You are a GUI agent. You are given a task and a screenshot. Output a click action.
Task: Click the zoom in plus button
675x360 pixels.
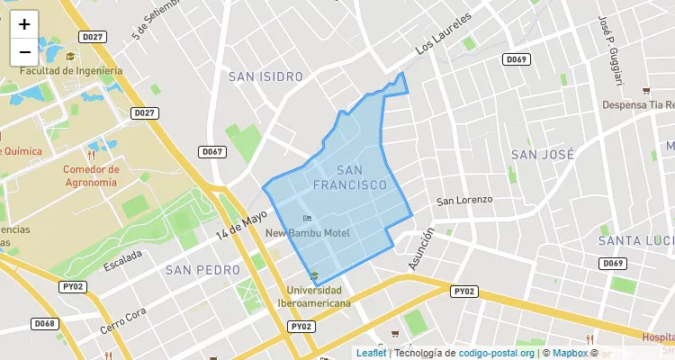(24, 24)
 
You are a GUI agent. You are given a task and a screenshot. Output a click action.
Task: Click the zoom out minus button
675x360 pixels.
(24, 52)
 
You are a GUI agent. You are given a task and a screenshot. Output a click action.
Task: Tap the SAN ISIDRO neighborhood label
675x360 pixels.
(265, 76)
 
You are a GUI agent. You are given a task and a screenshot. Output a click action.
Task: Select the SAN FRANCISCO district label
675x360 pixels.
(350, 177)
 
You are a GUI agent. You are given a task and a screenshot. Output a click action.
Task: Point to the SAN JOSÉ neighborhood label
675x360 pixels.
(543, 154)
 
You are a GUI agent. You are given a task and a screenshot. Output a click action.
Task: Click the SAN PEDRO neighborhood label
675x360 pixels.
(202, 269)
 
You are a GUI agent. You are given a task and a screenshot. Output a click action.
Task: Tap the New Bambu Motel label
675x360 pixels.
(307, 233)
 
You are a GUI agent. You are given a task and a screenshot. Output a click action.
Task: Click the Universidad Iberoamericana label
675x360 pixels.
(313, 297)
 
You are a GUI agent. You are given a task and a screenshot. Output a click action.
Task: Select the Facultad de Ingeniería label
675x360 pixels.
(70, 71)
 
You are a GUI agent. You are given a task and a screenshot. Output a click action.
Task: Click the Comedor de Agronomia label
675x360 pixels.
(90, 175)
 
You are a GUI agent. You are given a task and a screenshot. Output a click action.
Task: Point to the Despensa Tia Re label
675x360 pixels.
(637, 104)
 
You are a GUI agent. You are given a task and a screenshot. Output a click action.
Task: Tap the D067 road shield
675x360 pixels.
(212, 152)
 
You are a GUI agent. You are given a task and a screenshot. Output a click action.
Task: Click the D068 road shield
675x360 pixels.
(43, 323)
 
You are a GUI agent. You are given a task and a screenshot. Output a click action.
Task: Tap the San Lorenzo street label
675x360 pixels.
(464, 200)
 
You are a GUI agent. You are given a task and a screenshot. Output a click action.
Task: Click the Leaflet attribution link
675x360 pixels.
(371, 353)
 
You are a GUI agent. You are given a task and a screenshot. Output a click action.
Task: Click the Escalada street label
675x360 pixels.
(122, 259)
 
